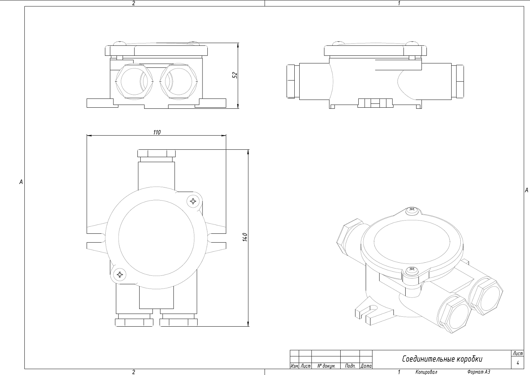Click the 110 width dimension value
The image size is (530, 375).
(x=157, y=132)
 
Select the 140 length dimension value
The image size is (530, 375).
(x=245, y=237)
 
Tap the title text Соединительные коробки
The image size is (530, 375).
(x=442, y=359)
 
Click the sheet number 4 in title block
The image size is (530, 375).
(x=518, y=363)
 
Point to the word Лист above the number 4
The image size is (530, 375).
(x=518, y=353)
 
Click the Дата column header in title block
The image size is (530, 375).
(x=366, y=366)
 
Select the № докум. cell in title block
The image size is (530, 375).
(x=326, y=366)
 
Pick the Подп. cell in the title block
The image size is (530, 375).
(x=350, y=366)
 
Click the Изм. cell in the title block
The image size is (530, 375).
(x=294, y=366)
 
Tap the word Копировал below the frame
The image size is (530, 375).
(x=426, y=372)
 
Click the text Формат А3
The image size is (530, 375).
(x=478, y=372)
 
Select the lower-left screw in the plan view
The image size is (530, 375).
(x=120, y=274)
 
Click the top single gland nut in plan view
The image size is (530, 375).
(x=156, y=153)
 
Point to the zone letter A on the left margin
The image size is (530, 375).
(x=21, y=182)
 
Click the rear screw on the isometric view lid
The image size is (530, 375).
(x=412, y=210)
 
